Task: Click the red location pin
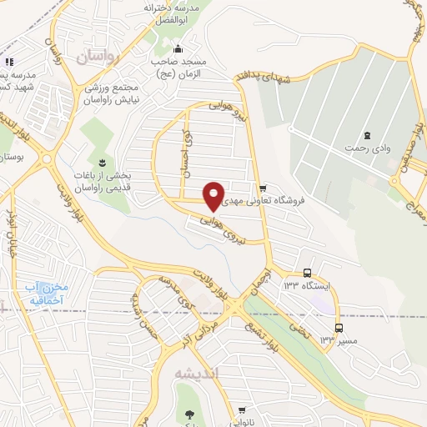click(214, 195)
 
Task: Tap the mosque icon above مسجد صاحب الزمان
click(177, 48)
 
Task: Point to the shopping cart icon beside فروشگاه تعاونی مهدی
click(263, 188)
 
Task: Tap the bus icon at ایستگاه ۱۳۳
click(307, 273)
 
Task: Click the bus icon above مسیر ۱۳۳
click(338, 328)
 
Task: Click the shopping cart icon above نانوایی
click(241, 409)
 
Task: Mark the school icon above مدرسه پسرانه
click(8, 62)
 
